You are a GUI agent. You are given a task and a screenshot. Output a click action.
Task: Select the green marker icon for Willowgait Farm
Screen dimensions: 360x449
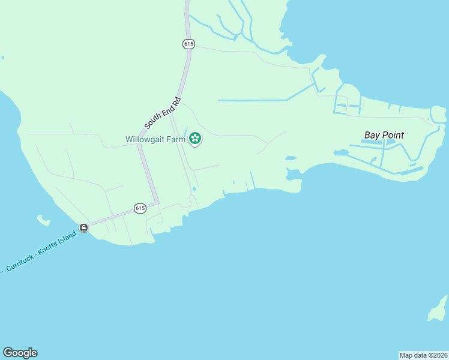point(195,139)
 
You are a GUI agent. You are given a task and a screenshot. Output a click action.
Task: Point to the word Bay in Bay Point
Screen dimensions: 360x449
point(372,135)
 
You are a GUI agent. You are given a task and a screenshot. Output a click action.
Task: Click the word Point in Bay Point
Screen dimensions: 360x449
point(393,135)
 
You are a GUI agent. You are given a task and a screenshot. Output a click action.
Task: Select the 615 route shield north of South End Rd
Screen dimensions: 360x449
point(188,44)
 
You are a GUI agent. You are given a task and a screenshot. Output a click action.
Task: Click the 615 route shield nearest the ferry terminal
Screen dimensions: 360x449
point(140,208)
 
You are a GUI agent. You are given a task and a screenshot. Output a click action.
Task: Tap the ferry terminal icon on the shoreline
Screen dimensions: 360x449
point(83,227)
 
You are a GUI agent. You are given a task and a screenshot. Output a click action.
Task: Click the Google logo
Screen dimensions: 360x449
point(20,353)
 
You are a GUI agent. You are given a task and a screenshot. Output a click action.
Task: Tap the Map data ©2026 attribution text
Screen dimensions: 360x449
point(423,355)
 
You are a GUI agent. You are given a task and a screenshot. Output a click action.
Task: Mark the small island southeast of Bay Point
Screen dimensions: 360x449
point(438,310)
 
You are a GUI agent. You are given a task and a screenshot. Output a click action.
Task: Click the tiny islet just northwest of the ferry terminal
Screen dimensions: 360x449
point(43,220)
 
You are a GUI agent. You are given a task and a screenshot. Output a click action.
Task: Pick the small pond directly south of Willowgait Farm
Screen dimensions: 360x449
point(194,190)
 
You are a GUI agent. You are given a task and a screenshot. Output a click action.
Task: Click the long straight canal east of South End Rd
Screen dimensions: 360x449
point(252,100)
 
